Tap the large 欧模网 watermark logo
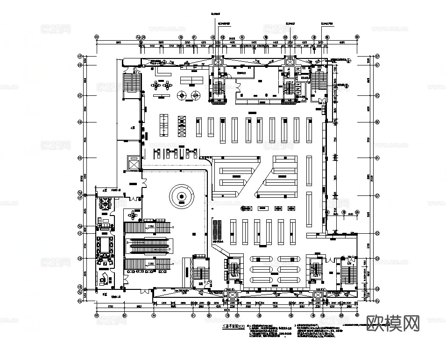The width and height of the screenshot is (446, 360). (x=394, y=323)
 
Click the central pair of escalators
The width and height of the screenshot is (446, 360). (x=149, y=244)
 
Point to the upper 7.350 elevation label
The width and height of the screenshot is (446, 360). (x=150, y=226)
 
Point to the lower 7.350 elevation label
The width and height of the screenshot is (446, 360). (x=150, y=264)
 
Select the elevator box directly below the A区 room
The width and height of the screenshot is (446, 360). (x=133, y=164)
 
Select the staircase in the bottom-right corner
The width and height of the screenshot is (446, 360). (x=348, y=274)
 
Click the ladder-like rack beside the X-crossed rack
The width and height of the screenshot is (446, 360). (x=164, y=125)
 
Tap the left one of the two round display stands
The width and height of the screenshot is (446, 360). (x=181, y=95)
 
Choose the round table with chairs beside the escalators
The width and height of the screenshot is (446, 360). (x=135, y=215)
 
